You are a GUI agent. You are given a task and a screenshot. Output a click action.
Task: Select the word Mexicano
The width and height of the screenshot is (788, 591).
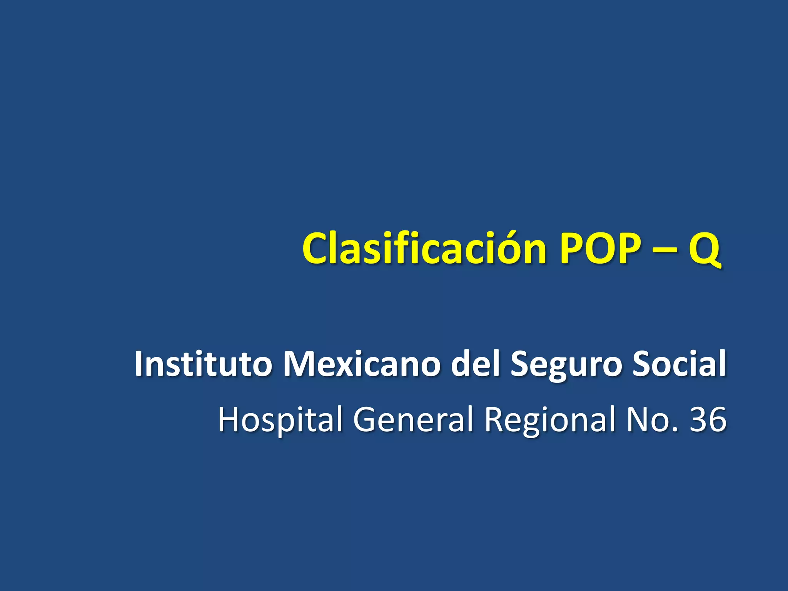361,364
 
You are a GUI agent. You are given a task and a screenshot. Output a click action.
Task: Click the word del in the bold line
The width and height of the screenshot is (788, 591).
475,364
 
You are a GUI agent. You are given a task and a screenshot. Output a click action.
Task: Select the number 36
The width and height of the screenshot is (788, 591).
708,419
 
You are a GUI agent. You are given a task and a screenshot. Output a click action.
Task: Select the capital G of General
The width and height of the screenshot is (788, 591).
366,419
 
